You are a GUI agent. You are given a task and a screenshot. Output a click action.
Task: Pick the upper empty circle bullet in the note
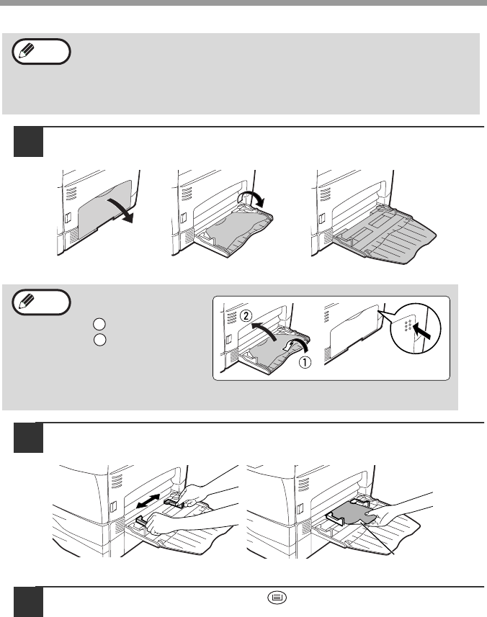click(99, 324)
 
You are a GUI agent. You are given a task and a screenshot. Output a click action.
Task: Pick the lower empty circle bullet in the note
click(99, 338)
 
